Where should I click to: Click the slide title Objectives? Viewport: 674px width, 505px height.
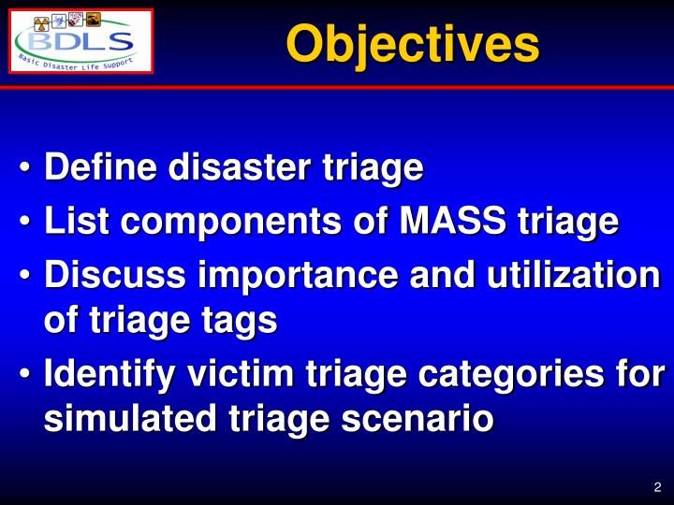click(412, 43)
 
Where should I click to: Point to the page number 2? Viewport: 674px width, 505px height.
click(657, 487)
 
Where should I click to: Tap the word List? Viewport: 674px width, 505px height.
click(78, 222)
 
